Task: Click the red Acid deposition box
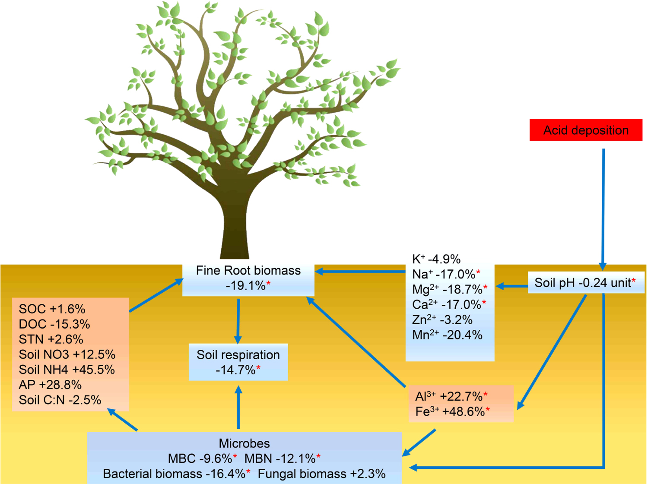(586, 130)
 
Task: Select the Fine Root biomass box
(248, 278)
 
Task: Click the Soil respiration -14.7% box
(238, 362)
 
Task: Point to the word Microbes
(244, 443)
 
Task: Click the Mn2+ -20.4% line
(447, 335)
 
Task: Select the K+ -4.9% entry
(436, 259)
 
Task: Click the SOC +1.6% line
(52, 309)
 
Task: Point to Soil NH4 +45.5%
(67, 370)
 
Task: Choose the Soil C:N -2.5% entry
(60, 400)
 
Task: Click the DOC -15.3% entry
(54, 324)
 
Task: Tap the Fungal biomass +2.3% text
(321, 474)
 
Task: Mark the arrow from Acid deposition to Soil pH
(603, 207)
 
